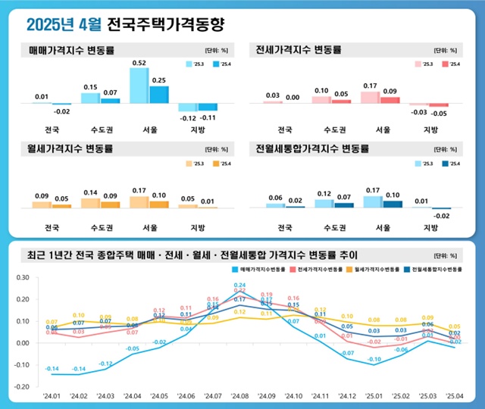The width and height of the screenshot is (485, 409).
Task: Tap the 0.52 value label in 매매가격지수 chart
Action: [139, 63]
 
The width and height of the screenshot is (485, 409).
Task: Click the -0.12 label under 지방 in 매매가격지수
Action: [186, 118]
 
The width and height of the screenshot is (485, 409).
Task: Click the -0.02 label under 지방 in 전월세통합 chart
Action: [441, 216]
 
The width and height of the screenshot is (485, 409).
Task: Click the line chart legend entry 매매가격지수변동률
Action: [263, 268]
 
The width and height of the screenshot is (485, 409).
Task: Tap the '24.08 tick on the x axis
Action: [241, 396]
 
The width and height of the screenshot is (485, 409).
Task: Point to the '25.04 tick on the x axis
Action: [455, 396]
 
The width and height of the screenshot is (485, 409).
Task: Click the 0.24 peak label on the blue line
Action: [239, 285]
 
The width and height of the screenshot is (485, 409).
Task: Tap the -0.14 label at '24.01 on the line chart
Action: [52, 369]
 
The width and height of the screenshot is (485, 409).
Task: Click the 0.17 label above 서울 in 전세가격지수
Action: [369, 86]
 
